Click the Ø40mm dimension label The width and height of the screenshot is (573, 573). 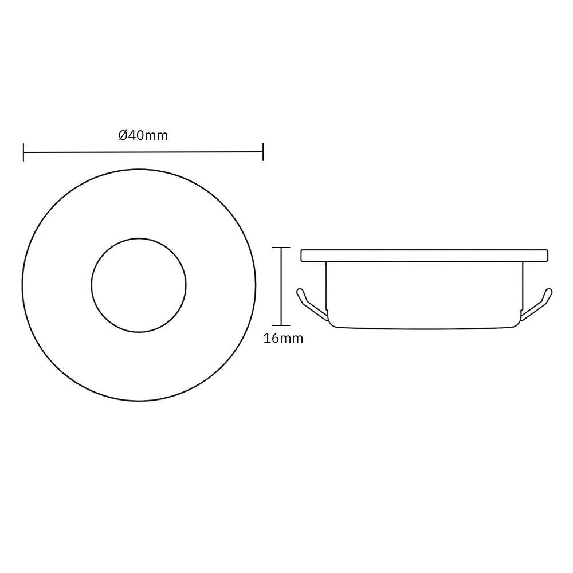[143, 136]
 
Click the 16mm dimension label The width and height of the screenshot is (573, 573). [283, 339]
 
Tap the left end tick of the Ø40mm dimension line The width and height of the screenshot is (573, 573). [23, 152]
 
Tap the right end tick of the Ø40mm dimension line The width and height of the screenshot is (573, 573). [263, 152]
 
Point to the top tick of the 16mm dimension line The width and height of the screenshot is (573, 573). [281, 248]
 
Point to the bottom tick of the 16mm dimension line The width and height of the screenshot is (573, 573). [281, 325]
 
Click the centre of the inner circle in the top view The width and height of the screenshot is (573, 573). [139, 285]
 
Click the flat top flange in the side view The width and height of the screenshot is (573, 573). [424, 256]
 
